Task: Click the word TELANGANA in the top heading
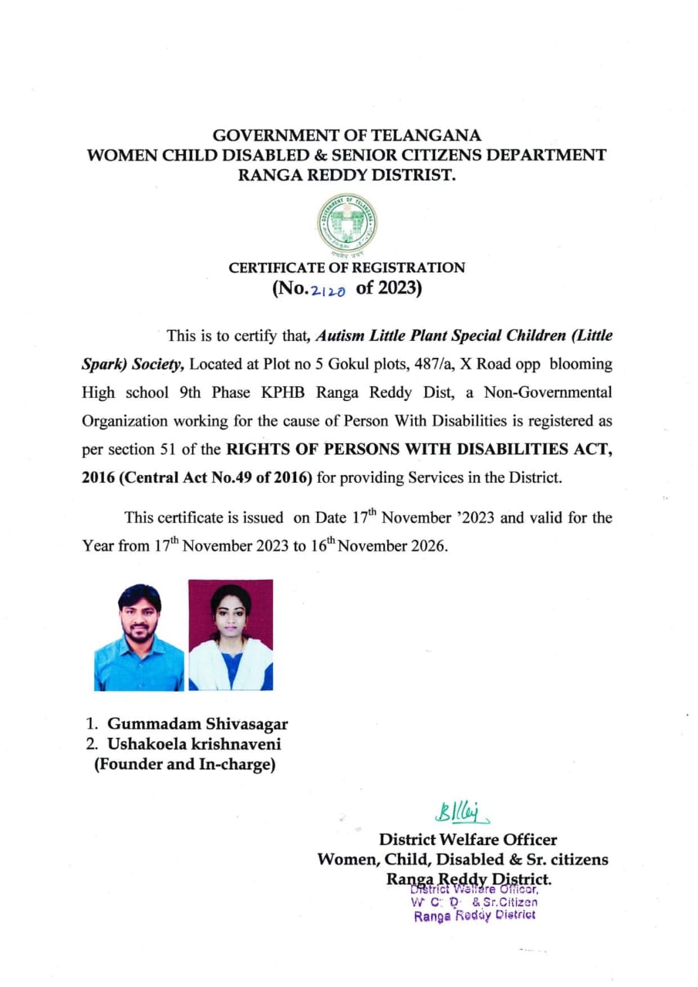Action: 426,136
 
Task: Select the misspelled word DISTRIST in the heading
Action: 415,174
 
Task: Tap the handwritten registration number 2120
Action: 328,291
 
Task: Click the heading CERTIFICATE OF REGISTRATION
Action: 347,268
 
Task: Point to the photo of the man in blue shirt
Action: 140,636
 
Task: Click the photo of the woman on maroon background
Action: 231,636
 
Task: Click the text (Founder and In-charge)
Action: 184,766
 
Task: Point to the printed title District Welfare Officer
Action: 467,840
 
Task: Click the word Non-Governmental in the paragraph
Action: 548,392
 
